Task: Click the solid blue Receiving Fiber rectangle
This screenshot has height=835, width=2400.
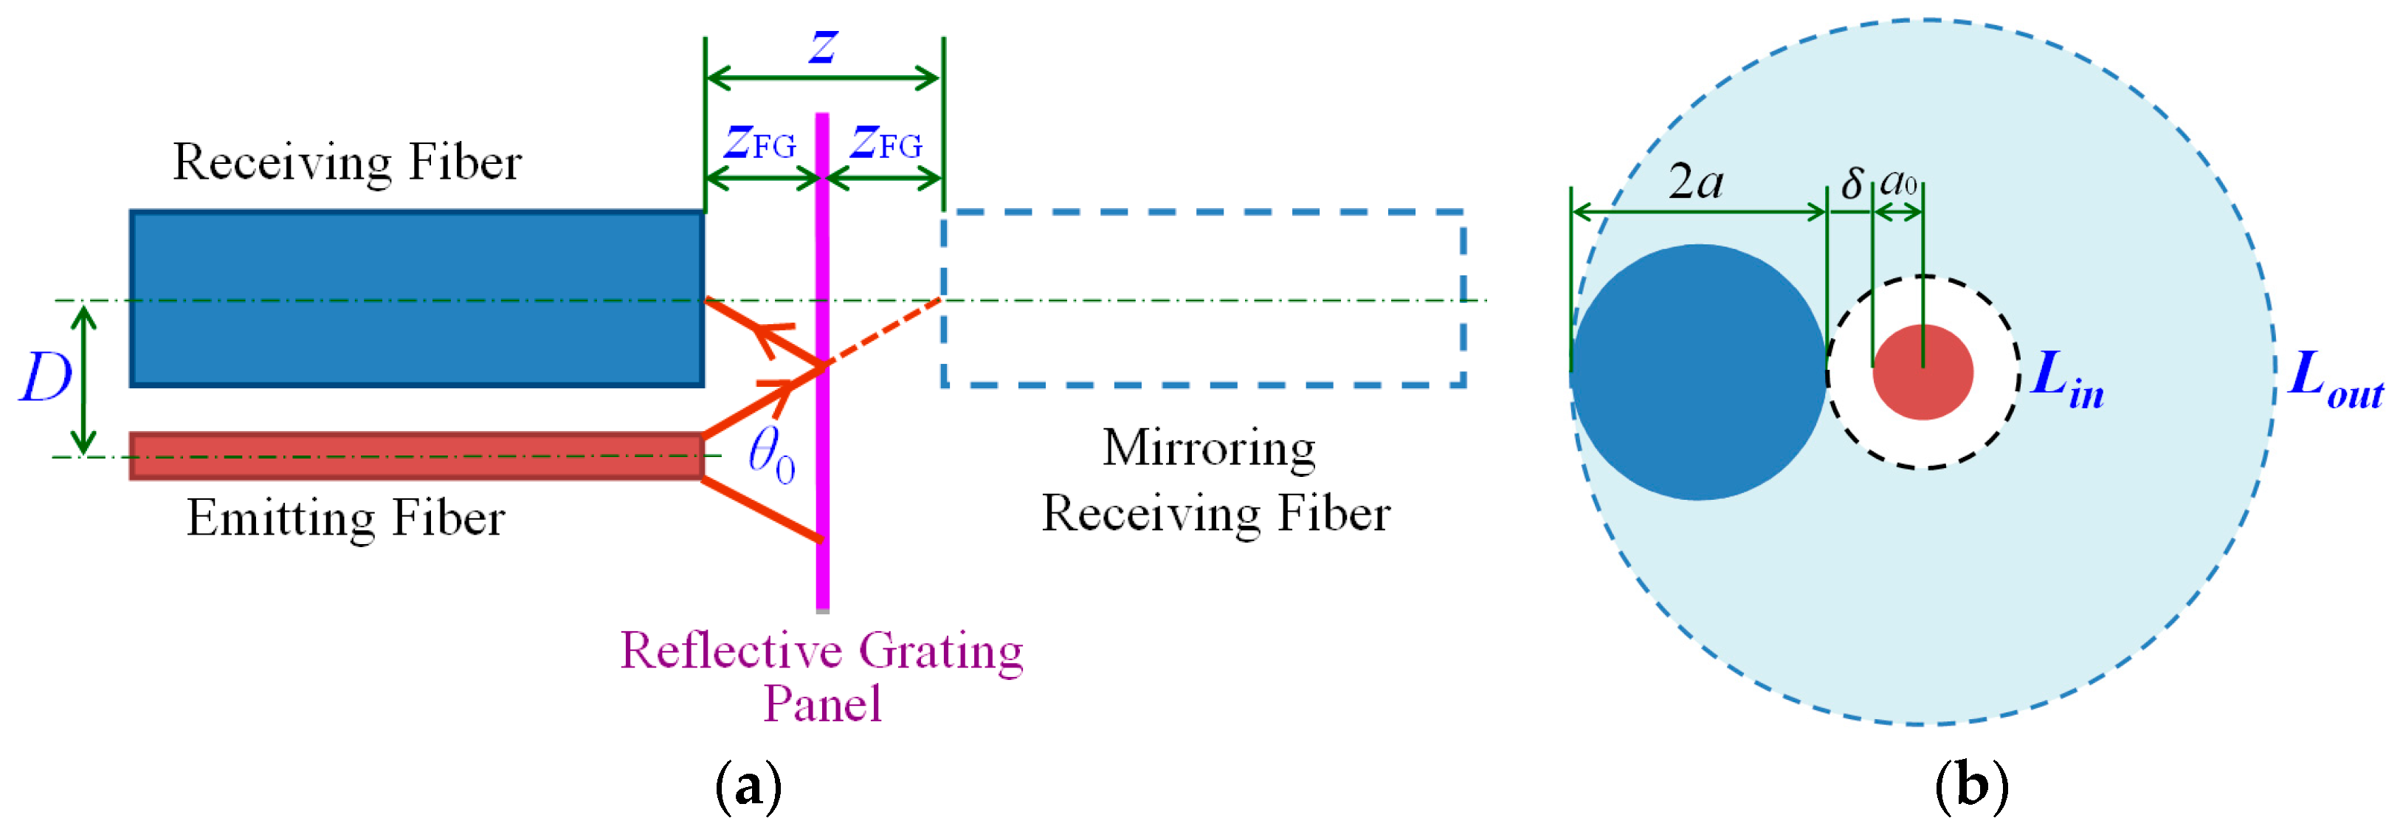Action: [x=416, y=298]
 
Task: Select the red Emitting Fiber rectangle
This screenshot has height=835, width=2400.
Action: [x=416, y=456]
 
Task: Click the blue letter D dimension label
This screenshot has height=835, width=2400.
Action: [x=45, y=378]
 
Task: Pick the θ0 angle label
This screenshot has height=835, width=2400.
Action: [x=771, y=456]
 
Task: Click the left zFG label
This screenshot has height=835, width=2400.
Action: [x=760, y=142]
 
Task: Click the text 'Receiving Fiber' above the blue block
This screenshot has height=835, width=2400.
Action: [x=347, y=162]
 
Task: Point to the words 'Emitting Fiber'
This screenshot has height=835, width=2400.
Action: [x=345, y=518]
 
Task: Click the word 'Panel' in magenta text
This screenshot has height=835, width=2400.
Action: [x=821, y=704]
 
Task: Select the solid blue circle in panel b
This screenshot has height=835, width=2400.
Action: [x=1698, y=373]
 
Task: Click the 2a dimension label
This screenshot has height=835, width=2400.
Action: [x=1696, y=182]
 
